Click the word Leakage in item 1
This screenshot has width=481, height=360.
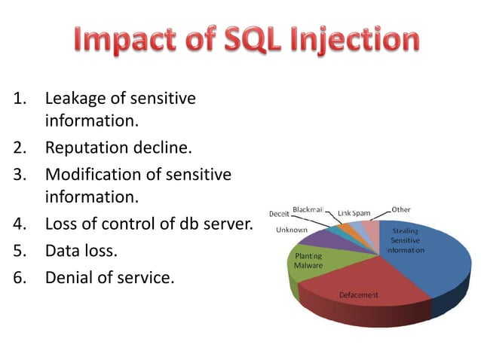pyautogui.click(x=75, y=98)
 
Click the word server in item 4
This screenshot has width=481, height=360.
pyautogui.click(x=227, y=224)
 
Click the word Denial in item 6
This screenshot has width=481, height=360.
pyautogui.click(x=69, y=278)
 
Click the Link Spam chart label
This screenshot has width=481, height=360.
pyautogui.click(x=354, y=213)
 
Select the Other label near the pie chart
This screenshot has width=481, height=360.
pyautogui.click(x=401, y=209)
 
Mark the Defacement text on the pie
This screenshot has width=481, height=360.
pyautogui.click(x=358, y=295)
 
